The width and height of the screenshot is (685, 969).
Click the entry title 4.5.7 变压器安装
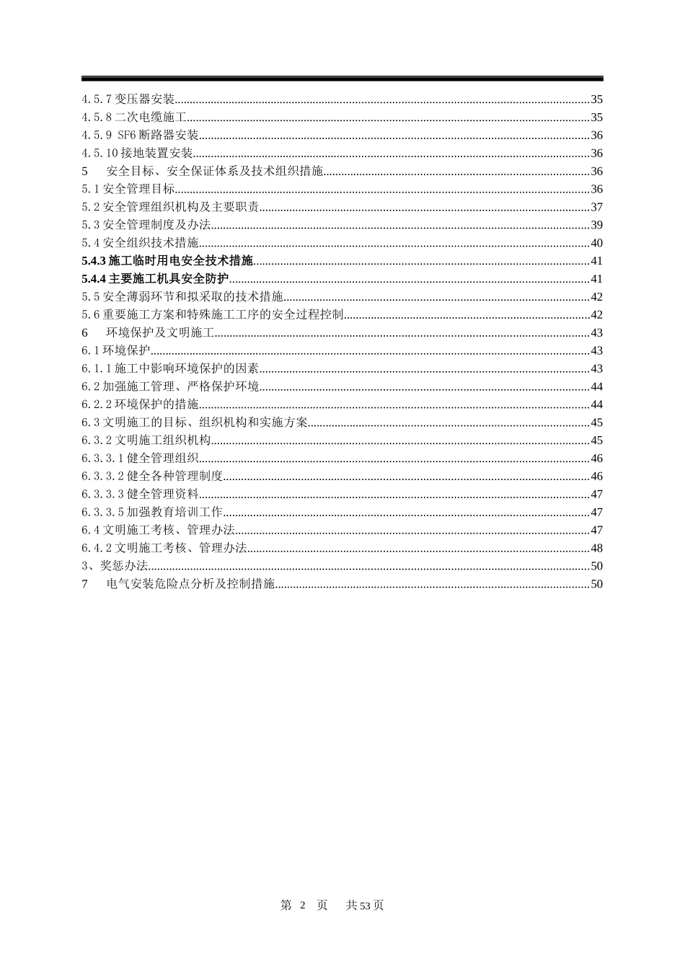pyautogui.click(x=128, y=99)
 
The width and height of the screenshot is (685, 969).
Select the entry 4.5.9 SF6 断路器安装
pyautogui.click(x=140, y=136)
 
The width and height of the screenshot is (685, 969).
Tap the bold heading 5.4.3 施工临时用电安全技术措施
pyautogui.click(x=167, y=261)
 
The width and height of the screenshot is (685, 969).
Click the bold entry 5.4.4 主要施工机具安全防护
pyautogui.click(x=155, y=279)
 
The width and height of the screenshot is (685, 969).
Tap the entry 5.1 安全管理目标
pyautogui.click(x=128, y=190)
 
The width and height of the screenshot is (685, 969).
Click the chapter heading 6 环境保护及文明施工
pyautogui.click(x=149, y=333)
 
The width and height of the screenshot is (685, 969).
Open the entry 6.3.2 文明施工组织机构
pyautogui.click(x=146, y=441)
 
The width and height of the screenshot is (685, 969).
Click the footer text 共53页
pyautogui.click(x=365, y=906)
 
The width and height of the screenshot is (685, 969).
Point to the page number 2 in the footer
pyautogui.click(x=303, y=906)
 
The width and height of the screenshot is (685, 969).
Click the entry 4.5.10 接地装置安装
pyautogui.click(x=137, y=154)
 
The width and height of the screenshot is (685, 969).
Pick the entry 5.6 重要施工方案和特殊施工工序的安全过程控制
pyautogui.click(x=212, y=315)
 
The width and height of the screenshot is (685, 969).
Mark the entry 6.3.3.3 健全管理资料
pyautogui.click(x=140, y=495)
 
